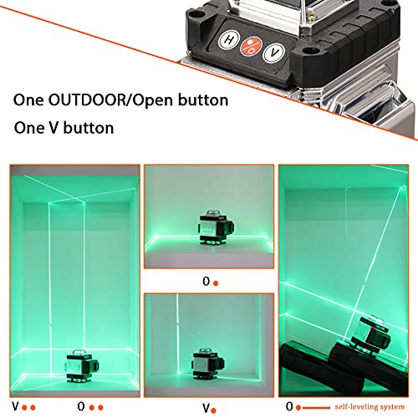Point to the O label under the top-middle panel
(x=206, y=282)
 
